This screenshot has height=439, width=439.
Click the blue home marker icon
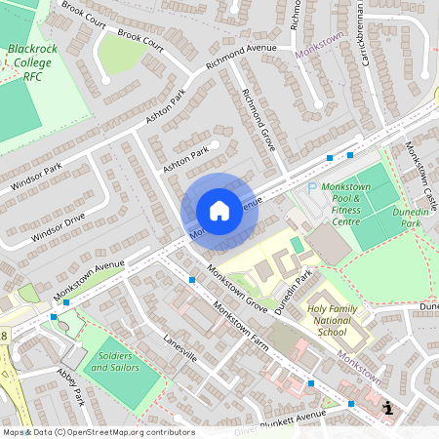[x=219, y=210]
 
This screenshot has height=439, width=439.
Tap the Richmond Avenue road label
[x=241, y=60]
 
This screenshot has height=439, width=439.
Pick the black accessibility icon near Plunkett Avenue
[x=389, y=408]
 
